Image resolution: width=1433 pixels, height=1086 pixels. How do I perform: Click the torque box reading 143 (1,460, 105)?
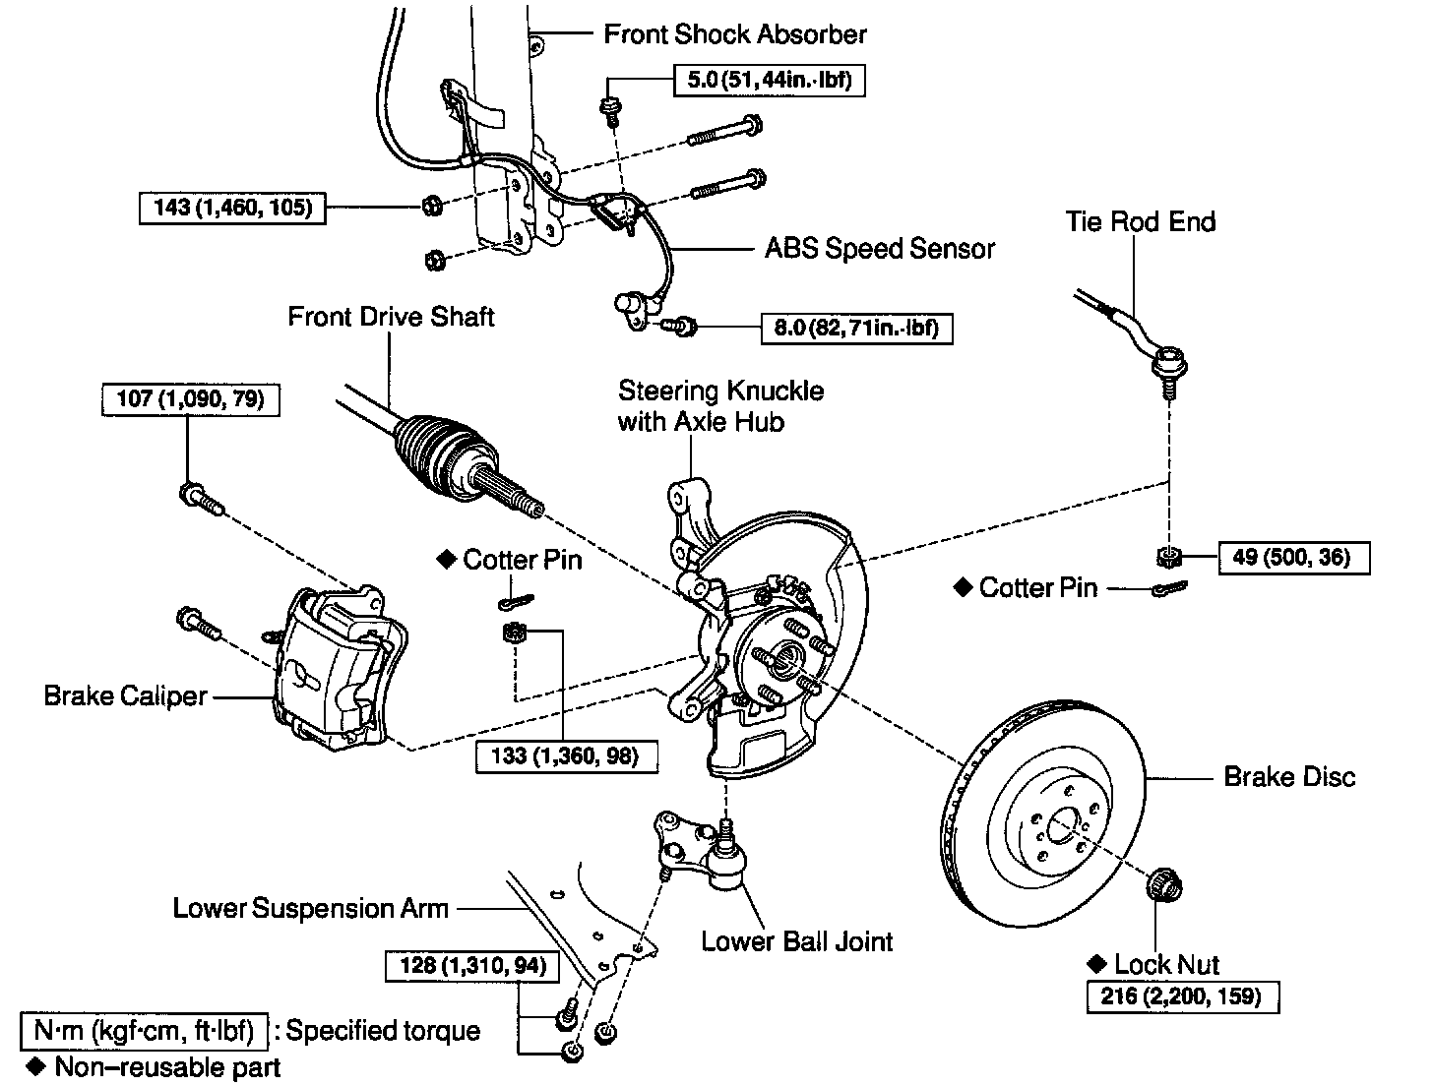[x=234, y=208]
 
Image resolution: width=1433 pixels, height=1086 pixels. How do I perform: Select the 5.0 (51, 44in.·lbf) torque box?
[x=769, y=79]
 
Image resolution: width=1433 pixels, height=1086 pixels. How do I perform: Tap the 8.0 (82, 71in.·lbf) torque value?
[x=856, y=328]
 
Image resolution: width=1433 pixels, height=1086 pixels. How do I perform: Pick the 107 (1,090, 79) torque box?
[x=190, y=398]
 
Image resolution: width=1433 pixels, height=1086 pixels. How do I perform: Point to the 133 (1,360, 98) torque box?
[x=566, y=755]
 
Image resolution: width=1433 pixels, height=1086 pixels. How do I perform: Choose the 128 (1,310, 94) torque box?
[x=471, y=965]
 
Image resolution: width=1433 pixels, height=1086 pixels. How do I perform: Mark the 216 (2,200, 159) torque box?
[x=1184, y=995]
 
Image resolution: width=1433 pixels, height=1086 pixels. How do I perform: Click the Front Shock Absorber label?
[x=734, y=34]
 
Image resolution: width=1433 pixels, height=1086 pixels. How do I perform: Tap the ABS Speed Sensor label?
[x=880, y=248]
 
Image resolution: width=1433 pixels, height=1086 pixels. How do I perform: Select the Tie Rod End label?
[x=1140, y=221]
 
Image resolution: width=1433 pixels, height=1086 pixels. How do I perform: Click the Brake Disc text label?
[x=1288, y=777]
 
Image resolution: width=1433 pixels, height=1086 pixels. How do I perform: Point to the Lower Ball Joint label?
[x=796, y=940]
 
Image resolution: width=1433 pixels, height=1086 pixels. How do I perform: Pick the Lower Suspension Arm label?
[x=310, y=907]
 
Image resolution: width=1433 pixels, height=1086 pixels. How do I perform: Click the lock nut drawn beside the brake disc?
[x=1164, y=880]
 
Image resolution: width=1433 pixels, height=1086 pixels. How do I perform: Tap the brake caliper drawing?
[x=335, y=669]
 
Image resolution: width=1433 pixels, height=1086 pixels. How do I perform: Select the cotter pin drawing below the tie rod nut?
[x=1168, y=588]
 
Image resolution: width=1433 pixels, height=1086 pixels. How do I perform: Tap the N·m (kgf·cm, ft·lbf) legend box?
[x=144, y=1030]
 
